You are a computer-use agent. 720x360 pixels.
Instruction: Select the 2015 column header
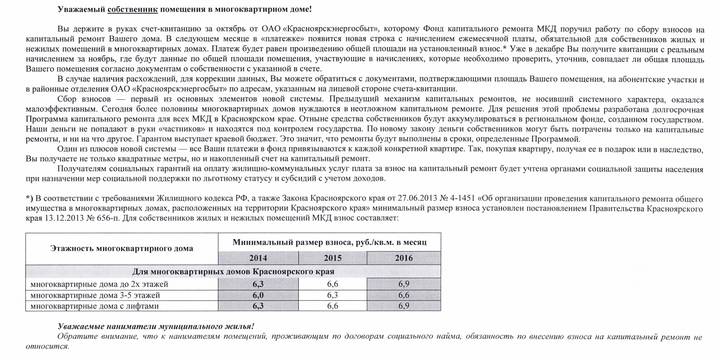pyautogui.click(x=333, y=258)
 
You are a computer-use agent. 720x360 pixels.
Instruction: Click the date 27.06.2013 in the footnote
pyautogui.click(x=394, y=199)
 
